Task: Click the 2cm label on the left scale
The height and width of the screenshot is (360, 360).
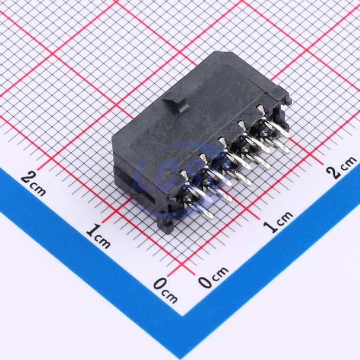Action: (33, 184)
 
